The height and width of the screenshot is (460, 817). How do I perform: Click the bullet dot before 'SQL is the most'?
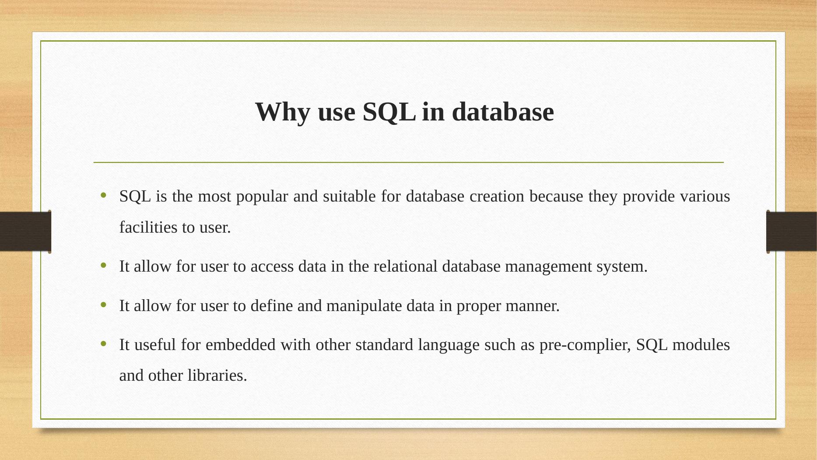[103, 195]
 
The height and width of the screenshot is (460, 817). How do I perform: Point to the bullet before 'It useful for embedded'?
[103, 344]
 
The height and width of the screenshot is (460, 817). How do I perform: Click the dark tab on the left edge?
[25, 231]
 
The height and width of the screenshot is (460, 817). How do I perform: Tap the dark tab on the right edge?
[792, 231]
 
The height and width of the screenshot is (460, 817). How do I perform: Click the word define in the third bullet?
[271, 305]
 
